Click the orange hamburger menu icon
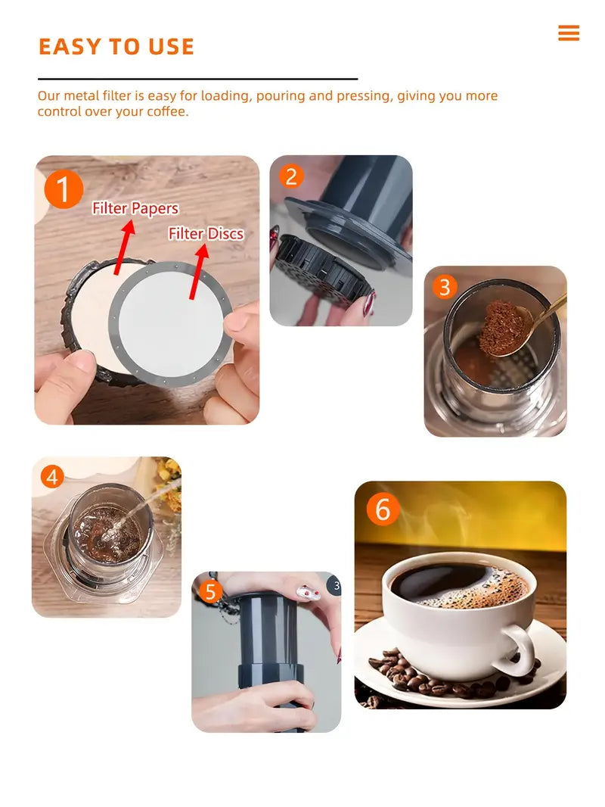568,33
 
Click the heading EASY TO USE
116,47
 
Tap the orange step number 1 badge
64,189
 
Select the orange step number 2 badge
291,176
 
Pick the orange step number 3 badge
445,287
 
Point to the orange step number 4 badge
51,477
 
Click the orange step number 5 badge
211,590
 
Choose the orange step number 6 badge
383,509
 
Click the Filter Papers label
135,208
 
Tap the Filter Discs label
206,233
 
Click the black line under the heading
197,79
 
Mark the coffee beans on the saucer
423,678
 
